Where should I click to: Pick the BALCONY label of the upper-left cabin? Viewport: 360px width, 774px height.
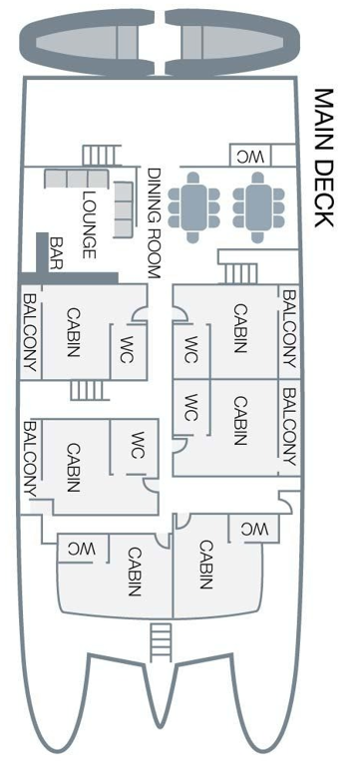(30, 333)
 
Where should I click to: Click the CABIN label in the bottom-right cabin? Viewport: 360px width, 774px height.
(205, 565)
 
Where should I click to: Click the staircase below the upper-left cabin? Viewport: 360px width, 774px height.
(87, 389)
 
